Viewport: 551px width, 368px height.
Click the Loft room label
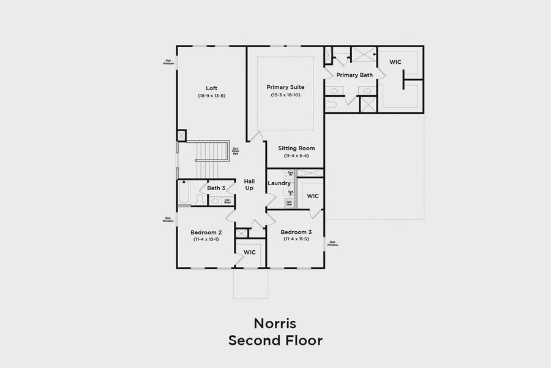click(x=211, y=88)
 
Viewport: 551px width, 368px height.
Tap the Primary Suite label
click(x=285, y=87)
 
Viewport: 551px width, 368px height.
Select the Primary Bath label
click(x=354, y=75)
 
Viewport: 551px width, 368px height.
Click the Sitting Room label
click(x=296, y=148)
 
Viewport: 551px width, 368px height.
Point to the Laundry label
click(x=279, y=183)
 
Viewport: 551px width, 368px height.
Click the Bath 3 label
click(x=216, y=188)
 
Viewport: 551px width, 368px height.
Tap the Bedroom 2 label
click(x=206, y=232)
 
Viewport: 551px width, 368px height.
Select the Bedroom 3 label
click(x=296, y=232)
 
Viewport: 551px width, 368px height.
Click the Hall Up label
click(x=249, y=185)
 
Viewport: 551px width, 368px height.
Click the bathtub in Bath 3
click(x=184, y=194)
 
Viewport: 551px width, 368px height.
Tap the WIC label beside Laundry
click(x=313, y=196)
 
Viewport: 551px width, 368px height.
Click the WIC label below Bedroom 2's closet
click(x=249, y=252)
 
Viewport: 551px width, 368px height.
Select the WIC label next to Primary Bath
click(x=395, y=62)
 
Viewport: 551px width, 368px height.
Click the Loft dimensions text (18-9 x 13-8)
click(x=211, y=96)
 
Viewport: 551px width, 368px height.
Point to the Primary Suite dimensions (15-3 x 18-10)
click(x=285, y=95)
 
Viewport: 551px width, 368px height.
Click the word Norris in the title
click(x=275, y=323)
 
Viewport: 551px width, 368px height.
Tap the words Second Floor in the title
click(x=275, y=340)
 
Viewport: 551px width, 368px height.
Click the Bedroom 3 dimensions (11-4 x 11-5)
click(x=296, y=240)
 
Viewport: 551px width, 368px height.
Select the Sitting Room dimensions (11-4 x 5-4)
click(x=296, y=156)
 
